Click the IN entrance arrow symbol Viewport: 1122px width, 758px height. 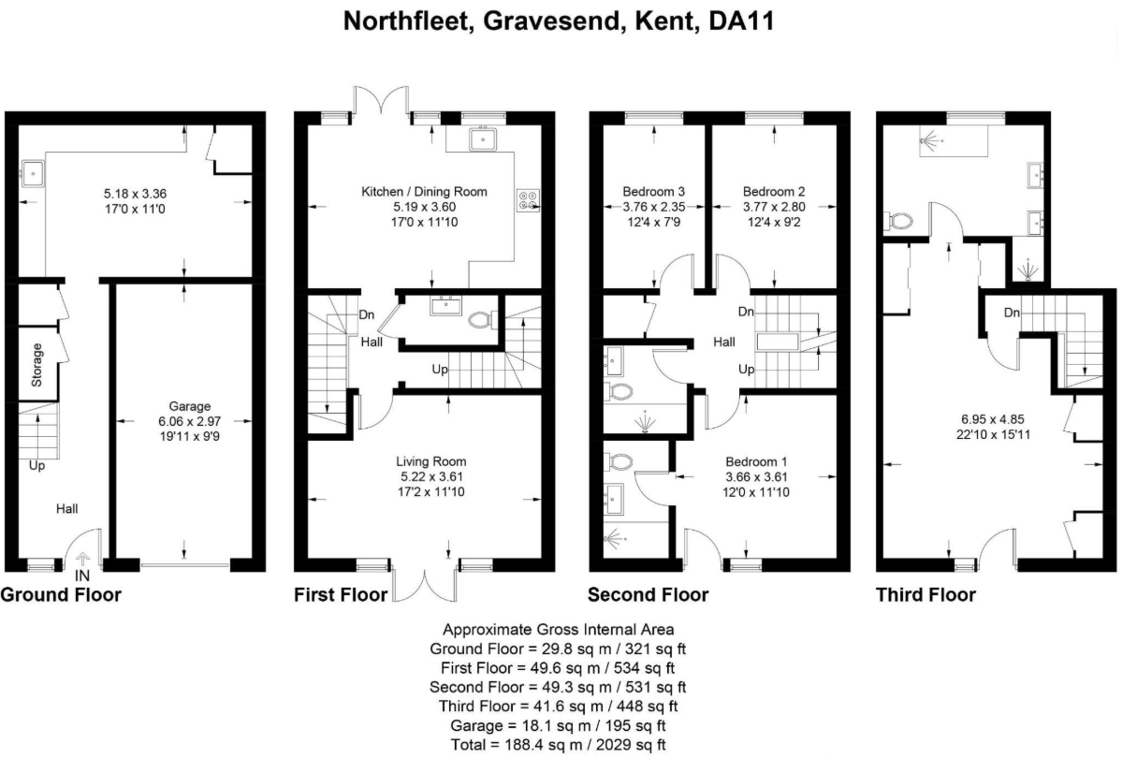coord(82,559)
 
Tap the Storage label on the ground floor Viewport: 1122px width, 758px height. coord(37,365)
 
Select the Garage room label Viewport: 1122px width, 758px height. coord(190,406)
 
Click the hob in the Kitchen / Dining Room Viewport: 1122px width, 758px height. coord(529,199)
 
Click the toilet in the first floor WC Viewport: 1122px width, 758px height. coord(482,318)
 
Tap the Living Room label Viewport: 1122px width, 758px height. coord(431,461)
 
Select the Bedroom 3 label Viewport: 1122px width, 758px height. coord(653,191)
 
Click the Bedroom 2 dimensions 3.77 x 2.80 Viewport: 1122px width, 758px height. coord(774,207)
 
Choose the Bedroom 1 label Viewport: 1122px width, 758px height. coord(757,461)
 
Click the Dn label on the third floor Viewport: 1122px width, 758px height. coord(1011,313)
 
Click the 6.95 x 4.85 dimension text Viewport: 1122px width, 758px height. coord(993,418)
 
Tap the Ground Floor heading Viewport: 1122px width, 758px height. coord(61,595)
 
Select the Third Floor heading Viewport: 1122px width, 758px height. coord(925,595)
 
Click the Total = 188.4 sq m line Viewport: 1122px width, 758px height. coord(558,744)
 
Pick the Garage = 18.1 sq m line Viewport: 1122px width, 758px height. coord(558,725)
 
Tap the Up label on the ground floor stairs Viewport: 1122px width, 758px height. coord(37,465)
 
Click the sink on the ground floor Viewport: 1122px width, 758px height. coord(33,173)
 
